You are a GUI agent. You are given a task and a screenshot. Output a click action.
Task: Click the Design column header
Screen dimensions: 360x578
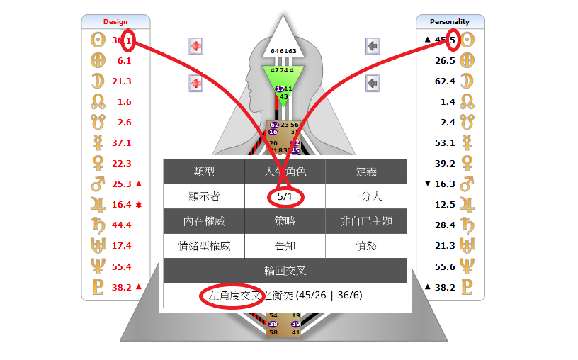[x=115, y=21]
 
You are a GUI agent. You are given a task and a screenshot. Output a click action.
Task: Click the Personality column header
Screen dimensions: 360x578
[x=450, y=21]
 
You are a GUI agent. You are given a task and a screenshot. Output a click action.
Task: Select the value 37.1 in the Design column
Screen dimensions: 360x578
[x=122, y=142]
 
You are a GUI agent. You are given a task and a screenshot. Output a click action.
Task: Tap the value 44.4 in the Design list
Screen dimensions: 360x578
[x=122, y=225]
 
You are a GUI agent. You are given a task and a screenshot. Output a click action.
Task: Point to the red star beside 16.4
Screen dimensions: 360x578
[x=139, y=205]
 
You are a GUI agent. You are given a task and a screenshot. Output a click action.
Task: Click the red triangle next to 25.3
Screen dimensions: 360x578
[x=138, y=184]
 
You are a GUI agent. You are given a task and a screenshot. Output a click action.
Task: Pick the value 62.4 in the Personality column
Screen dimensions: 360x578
[x=446, y=81]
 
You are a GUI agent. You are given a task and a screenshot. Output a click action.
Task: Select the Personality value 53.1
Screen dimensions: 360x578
[x=446, y=142]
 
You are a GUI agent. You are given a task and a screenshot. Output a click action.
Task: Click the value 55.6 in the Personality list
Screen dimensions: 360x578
[x=446, y=266]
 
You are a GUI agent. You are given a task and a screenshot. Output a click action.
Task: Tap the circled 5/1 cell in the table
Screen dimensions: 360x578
[x=285, y=196]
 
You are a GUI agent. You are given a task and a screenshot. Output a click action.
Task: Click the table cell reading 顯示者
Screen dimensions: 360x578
[x=204, y=196]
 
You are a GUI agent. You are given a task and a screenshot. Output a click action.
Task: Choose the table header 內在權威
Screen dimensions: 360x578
[x=204, y=221]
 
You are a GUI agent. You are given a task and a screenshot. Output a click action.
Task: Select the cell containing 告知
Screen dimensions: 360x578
[x=285, y=246]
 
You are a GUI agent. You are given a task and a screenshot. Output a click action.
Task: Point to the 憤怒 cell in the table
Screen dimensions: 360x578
[x=366, y=246]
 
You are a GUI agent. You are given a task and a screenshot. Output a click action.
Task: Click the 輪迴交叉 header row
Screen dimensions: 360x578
[x=285, y=271]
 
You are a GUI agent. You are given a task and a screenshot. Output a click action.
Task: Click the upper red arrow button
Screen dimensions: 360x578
[x=195, y=47]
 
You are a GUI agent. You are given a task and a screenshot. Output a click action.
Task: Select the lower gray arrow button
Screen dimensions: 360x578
[x=373, y=84]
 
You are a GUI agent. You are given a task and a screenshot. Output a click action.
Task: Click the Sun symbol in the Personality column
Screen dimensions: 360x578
[x=467, y=40]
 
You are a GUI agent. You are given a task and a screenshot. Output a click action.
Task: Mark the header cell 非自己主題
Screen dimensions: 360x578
[x=366, y=221]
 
